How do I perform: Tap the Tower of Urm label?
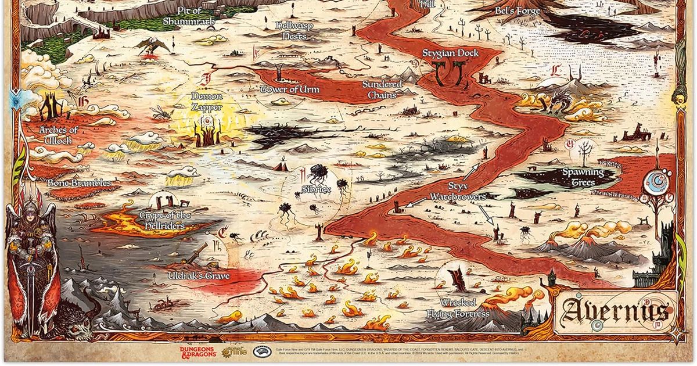pyautogui.click(x=282, y=89)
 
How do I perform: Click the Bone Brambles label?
pyautogui.click(x=79, y=183)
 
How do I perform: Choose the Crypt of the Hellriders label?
pyautogui.click(x=165, y=220)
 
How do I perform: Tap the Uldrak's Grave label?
pyautogui.click(x=199, y=275)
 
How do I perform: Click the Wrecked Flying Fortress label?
pyautogui.click(x=465, y=308)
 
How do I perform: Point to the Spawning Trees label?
pyautogui.click(x=583, y=177)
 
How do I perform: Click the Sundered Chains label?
pyautogui.click(x=382, y=89)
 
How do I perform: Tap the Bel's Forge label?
pyautogui.click(x=517, y=10)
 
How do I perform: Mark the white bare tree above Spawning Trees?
pyautogui.click(x=584, y=152)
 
